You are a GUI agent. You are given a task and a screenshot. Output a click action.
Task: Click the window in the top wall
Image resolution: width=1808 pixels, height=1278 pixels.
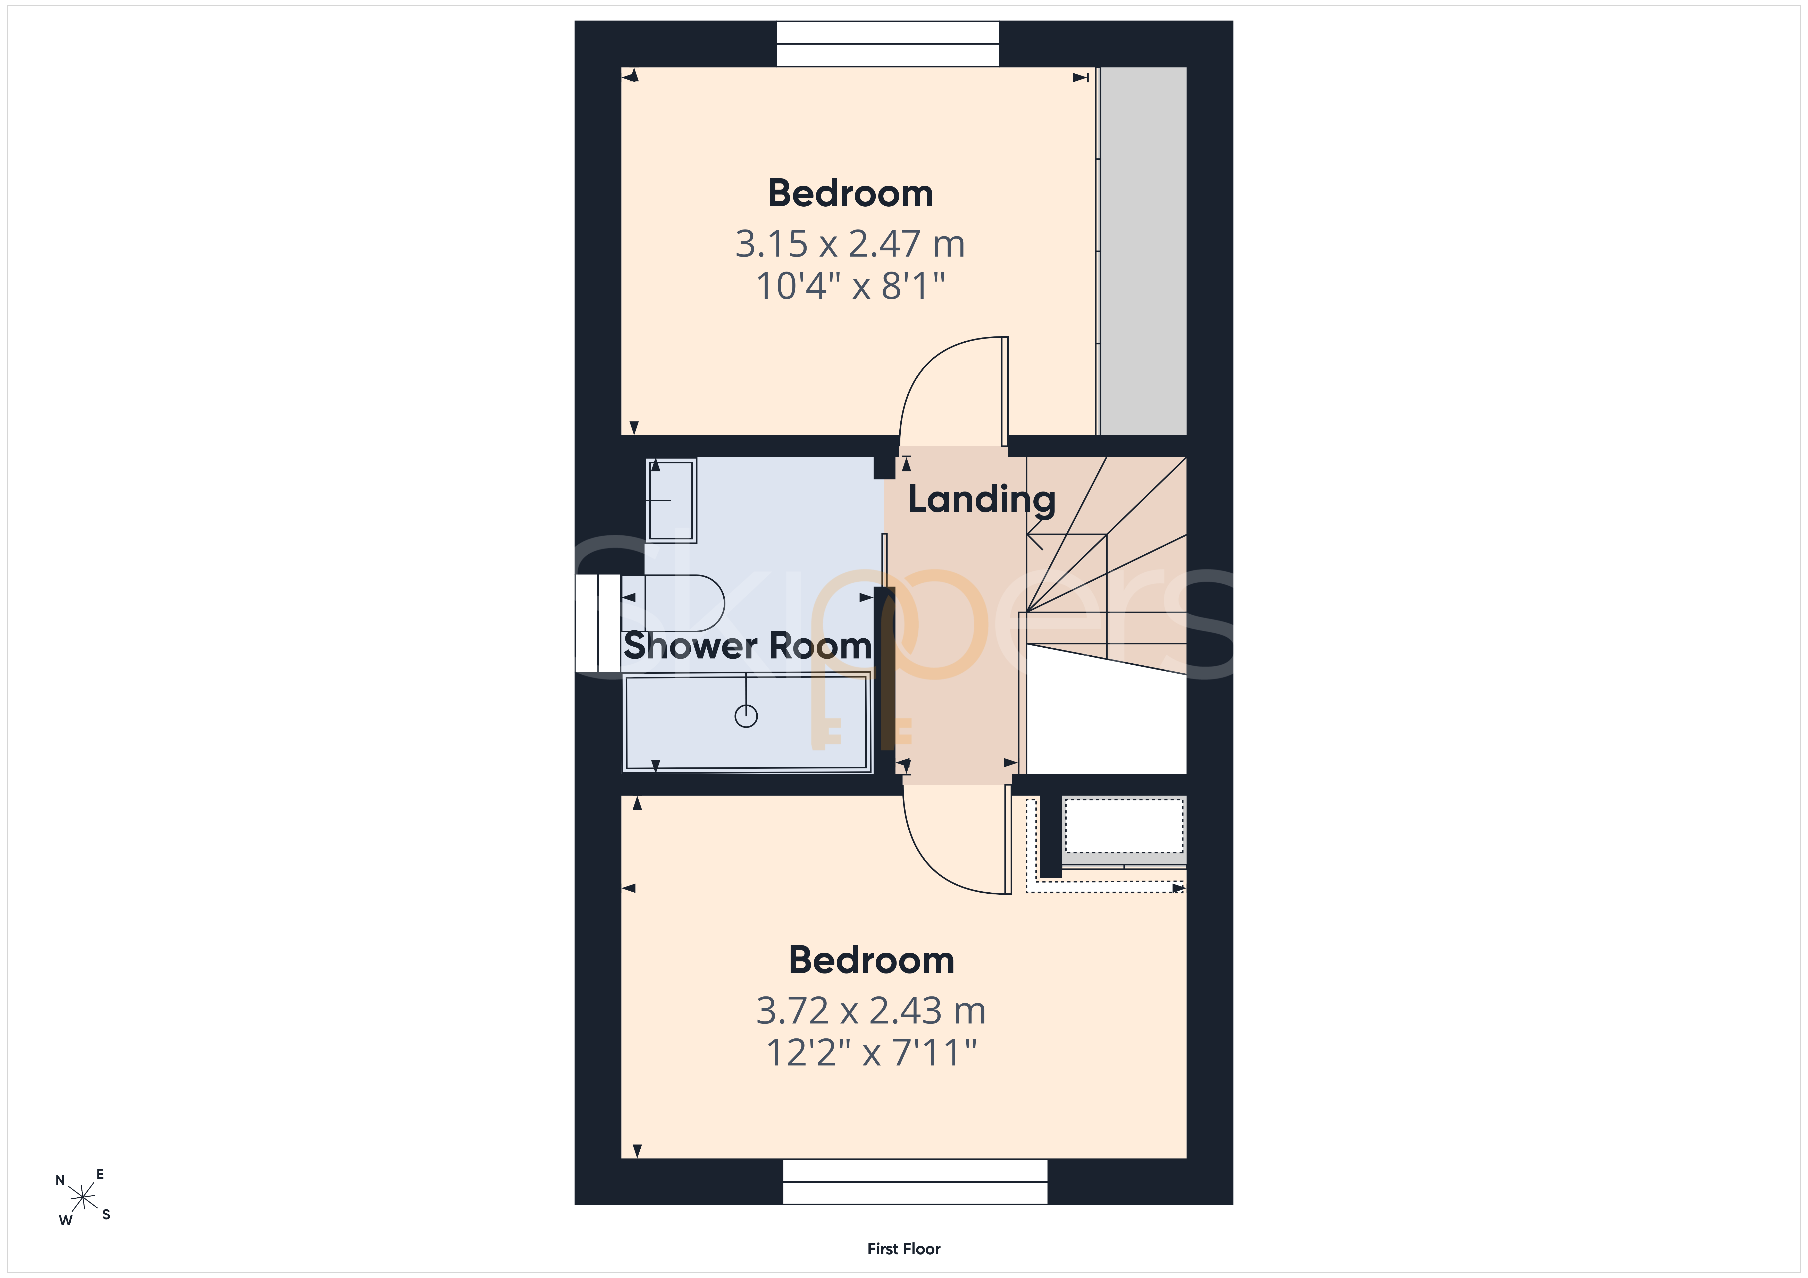coord(888,43)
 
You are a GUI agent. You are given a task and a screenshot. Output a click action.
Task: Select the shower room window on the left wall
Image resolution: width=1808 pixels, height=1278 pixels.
coord(598,623)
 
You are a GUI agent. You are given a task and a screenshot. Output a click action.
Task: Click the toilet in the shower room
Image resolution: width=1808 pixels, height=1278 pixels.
coord(673,603)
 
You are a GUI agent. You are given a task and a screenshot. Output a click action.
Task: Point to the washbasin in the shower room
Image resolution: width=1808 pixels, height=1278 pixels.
coord(671,500)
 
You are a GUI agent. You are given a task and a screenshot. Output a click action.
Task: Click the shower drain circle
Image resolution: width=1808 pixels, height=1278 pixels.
coord(746,716)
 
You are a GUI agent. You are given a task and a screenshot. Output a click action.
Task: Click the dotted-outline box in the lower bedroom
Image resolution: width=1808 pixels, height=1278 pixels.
coord(1124,825)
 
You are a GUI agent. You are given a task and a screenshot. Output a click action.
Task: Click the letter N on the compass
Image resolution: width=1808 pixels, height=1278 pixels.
coord(60,1180)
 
